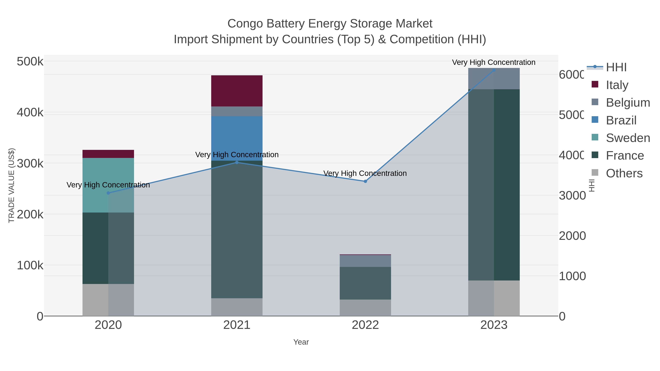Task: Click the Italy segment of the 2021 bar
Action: (237, 91)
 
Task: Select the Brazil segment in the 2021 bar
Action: (237, 138)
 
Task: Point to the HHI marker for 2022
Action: (365, 181)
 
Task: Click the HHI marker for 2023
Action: (494, 70)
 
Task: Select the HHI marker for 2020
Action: (108, 193)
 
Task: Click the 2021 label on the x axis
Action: (237, 325)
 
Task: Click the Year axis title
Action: (301, 342)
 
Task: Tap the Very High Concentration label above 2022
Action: (365, 173)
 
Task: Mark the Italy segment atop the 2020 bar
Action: (108, 154)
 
